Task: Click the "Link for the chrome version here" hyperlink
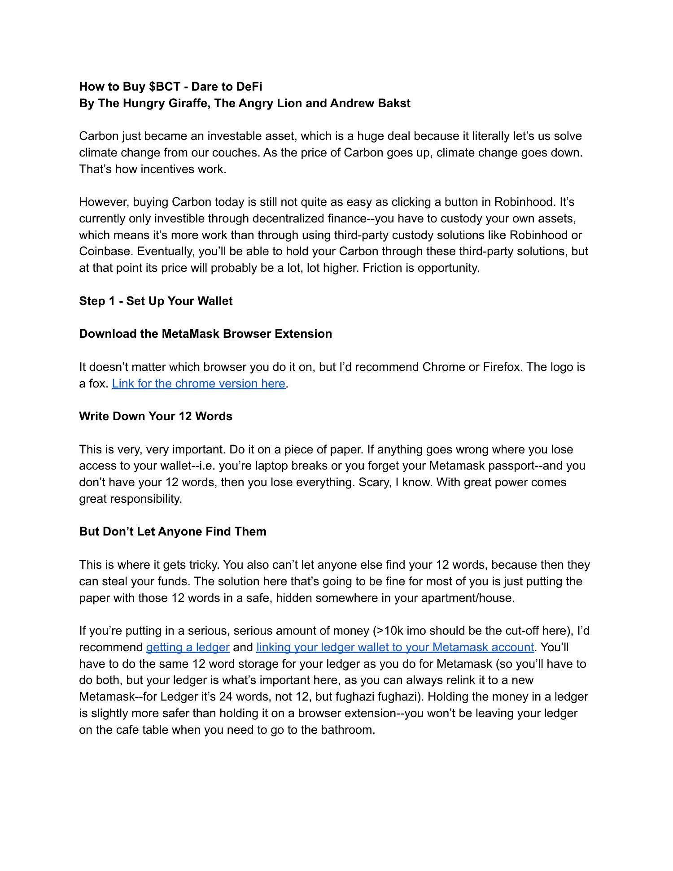(x=198, y=383)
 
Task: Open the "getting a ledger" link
(x=188, y=647)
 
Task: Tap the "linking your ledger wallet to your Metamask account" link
(x=395, y=647)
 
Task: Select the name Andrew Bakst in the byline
(x=370, y=103)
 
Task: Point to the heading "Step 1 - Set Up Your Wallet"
(x=156, y=301)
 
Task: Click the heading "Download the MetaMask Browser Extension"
(x=205, y=334)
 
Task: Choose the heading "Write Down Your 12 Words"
(x=156, y=416)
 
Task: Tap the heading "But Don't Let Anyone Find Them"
(x=173, y=531)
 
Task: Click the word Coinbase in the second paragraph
(x=106, y=251)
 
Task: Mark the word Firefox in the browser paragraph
(x=502, y=367)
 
